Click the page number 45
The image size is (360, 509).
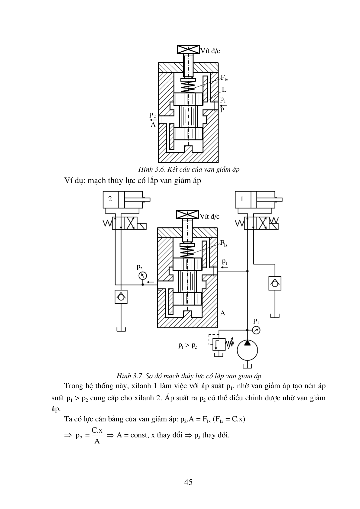coord(188,482)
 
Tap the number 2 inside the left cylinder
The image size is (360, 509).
coord(110,199)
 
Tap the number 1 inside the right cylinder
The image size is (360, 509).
coord(242,199)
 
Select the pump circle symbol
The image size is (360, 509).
coord(247,350)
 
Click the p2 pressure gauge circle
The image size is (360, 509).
coord(143,276)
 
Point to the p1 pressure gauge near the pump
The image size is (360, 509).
coord(256,330)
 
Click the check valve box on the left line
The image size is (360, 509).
coord(121,297)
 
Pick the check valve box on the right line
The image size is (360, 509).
coord(275,283)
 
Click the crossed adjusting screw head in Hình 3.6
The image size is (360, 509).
coord(188,49)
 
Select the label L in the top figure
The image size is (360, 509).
coord(224,90)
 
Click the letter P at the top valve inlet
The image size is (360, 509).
coord(222,110)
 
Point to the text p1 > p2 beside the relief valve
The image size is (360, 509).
coord(188,345)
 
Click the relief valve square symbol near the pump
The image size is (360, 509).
coord(219,344)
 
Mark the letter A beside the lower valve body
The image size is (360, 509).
coord(223,313)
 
